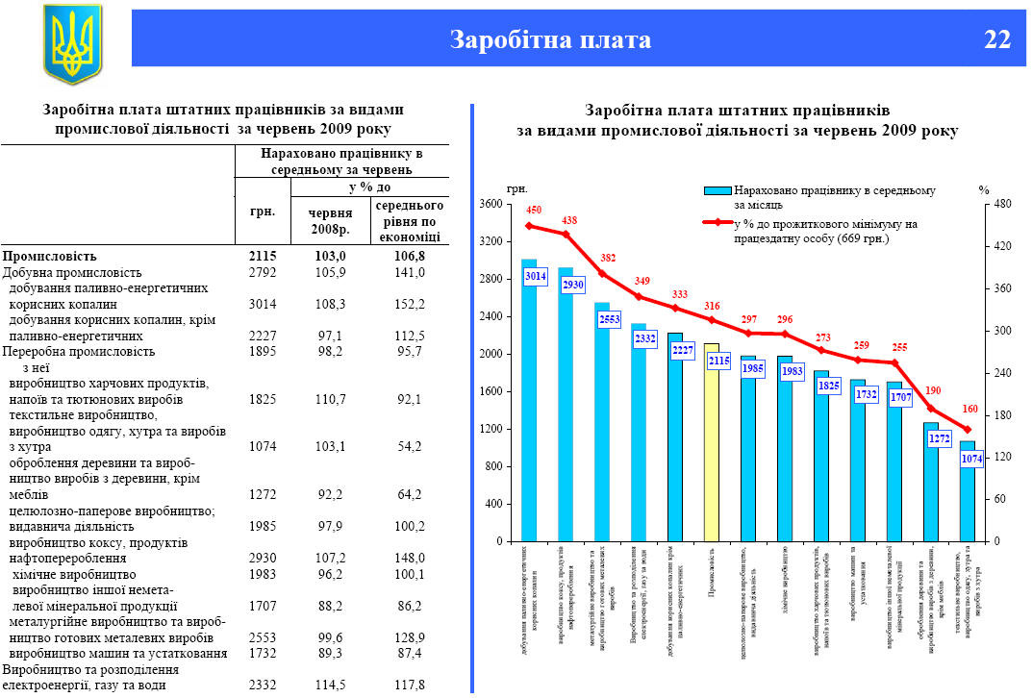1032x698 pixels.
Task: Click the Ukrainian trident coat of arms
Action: click(71, 43)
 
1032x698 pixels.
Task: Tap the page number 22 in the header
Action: click(997, 39)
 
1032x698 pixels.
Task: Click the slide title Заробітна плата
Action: click(550, 39)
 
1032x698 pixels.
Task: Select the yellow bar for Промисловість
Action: click(712, 442)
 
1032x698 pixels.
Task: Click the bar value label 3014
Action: click(535, 277)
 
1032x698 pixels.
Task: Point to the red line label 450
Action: click(535, 211)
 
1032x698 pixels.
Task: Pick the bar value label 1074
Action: click(971, 460)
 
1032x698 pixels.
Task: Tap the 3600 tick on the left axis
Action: click(491, 205)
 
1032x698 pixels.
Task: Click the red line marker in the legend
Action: click(717, 223)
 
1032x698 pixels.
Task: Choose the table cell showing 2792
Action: click(262, 272)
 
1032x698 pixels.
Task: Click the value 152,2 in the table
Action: click(410, 304)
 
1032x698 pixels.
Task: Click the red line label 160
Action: click(970, 410)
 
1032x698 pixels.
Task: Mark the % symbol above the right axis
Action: click(984, 189)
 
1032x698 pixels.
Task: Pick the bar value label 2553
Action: click(608, 320)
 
